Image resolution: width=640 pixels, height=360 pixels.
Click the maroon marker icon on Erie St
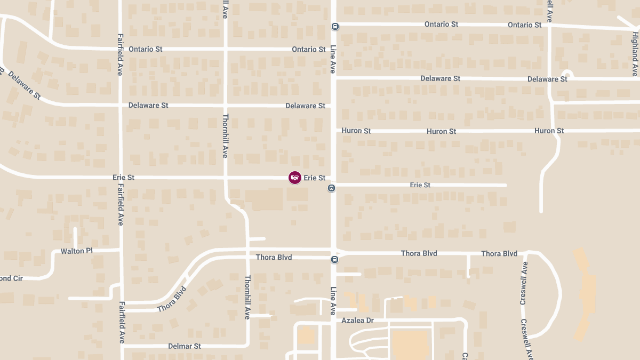tap(294, 178)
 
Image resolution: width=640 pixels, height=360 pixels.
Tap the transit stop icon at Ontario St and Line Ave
tap(334, 26)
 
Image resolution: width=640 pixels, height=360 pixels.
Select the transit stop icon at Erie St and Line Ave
tap(332, 188)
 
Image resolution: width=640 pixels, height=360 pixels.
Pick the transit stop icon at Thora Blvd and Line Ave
tap(334, 260)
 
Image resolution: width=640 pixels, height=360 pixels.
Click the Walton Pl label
tap(76, 251)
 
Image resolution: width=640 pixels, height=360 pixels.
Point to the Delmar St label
tap(185, 346)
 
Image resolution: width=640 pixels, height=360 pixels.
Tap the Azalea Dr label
tap(358, 321)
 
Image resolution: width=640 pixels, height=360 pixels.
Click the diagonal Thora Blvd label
tap(172, 300)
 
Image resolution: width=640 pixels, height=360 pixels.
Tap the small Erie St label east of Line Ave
tap(420, 185)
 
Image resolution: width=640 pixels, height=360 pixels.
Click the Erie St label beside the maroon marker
tap(314, 178)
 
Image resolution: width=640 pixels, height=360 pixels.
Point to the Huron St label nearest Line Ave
tap(356, 131)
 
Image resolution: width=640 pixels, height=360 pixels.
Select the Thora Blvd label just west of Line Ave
tap(274, 257)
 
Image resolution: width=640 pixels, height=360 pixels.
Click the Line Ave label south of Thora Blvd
tap(333, 300)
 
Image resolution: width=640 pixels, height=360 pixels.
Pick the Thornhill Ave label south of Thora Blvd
tap(247, 297)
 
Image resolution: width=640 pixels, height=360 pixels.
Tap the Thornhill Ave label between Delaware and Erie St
tap(225, 135)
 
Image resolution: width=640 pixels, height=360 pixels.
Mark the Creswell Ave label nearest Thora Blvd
tap(524, 283)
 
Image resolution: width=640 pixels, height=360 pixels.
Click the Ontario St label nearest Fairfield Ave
tap(146, 49)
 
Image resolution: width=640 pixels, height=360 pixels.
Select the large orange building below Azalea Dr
tap(410, 344)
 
